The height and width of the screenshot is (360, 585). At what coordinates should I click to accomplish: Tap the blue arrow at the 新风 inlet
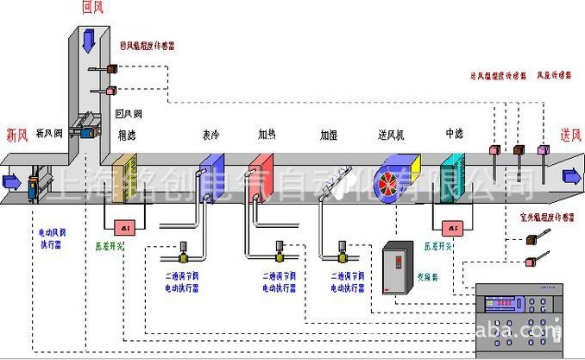11,180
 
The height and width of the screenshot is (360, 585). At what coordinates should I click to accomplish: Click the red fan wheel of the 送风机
393,178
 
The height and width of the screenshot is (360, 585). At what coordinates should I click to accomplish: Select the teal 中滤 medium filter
452,176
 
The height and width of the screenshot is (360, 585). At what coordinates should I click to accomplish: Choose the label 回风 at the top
92,8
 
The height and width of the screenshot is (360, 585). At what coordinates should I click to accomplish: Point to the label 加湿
329,136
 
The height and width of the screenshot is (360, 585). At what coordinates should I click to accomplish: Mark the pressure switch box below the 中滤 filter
450,228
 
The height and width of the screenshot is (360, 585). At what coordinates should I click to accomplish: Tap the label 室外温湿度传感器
547,218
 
